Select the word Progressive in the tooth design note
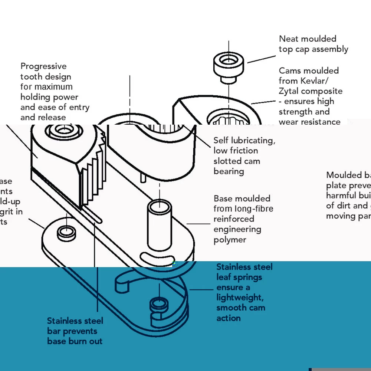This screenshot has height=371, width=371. pyautogui.click(x=43, y=66)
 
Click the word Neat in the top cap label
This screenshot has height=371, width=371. pyautogui.click(x=288, y=39)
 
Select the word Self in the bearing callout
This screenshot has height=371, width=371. pyautogui.click(x=221, y=141)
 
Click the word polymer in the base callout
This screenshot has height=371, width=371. pyautogui.click(x=230, y=240)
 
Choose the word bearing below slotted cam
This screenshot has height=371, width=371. pyautogui.click(x=229, y=171)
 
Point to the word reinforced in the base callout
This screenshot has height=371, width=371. pyautogui.click(x=234, y=219)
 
